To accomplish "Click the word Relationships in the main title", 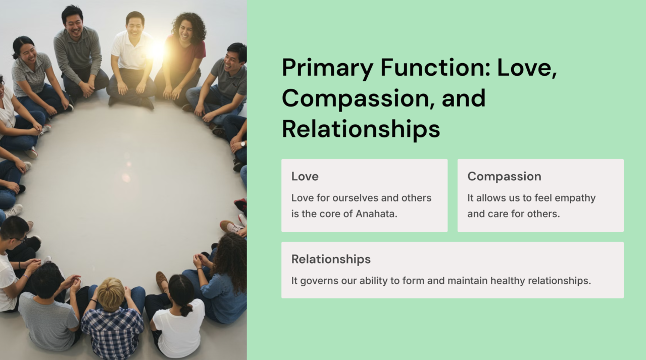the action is (361, 129).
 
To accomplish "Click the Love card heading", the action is (305, 176).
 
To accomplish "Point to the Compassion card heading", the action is (504, 177).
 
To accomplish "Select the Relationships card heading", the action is (331, 260).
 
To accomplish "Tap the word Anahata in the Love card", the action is (376, 214).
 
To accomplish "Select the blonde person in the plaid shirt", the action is (113, 320).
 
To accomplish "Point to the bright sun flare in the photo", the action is (157, 50).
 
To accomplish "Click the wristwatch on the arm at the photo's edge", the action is (243, 144).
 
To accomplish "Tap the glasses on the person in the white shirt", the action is (18, 239).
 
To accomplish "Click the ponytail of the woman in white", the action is (186, 310).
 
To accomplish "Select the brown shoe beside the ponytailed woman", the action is (162, 282).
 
